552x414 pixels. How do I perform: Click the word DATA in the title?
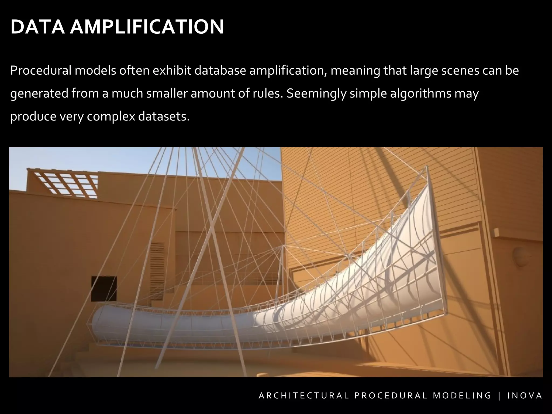pos(37,27)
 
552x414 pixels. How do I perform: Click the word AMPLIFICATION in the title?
pos(147,27)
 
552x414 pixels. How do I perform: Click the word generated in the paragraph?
pos(39,94)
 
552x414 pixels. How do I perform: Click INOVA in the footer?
pos(525,396)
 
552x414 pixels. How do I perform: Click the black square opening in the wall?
pos(104,288)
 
